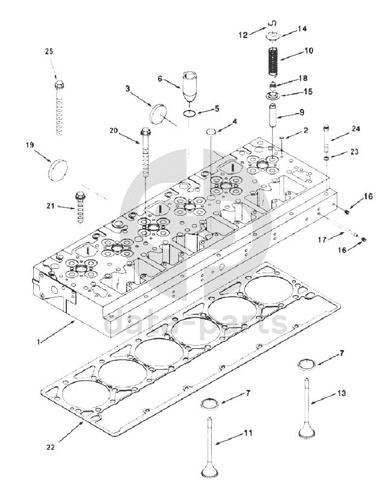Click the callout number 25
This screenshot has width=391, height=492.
click(49, 51)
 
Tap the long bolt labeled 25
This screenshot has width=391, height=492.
click(59, 109)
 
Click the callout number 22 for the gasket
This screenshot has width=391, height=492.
click(50, 447)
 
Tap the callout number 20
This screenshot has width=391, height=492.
click(114, 130)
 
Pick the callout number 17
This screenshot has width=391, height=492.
click(322, 240)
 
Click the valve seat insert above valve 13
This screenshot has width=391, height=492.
click(307, 364)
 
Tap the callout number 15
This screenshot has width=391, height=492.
click(308, 92)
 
